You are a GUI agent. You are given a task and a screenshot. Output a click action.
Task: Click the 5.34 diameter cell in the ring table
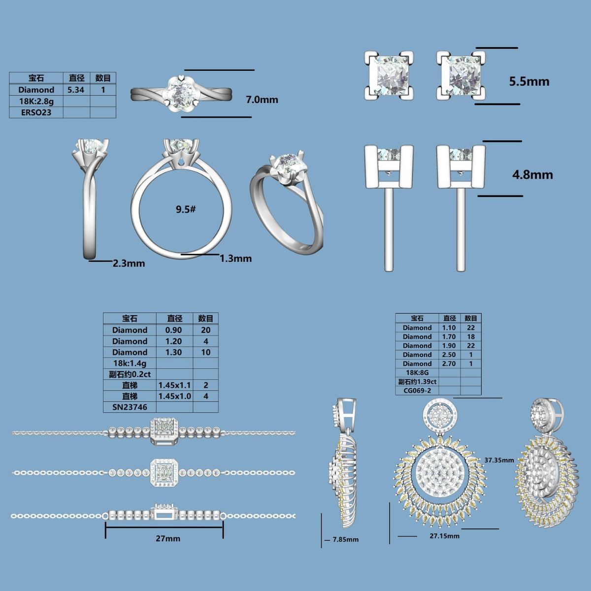[76, 90]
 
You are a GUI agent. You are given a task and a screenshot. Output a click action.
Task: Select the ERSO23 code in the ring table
[36, 113]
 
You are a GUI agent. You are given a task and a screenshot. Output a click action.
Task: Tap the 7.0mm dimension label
[262, 99]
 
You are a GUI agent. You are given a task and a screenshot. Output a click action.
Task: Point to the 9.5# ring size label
[186, 209]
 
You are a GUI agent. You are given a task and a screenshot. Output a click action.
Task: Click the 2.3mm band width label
[129, 263]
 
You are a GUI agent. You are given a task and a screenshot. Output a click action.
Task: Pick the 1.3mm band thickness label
[235, 258]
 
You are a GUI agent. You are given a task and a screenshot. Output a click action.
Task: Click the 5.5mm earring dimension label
[529, 82]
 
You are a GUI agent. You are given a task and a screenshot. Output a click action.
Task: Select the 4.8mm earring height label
[532, 175]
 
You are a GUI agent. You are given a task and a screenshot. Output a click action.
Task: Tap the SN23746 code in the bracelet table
[130, 407]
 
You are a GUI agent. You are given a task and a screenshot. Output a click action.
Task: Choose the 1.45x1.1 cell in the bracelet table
[174, 385]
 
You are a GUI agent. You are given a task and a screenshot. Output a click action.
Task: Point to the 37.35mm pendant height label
[499, 460]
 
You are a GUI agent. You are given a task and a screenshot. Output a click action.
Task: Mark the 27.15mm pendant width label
[444, 536]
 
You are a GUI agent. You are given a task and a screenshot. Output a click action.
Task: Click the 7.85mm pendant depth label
[346, 539]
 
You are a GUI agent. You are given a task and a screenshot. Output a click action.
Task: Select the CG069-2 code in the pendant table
[417, 391]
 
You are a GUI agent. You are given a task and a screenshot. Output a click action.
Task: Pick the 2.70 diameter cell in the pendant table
[449, 364]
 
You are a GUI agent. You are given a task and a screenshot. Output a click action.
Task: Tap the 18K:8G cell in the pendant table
[417, 373]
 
